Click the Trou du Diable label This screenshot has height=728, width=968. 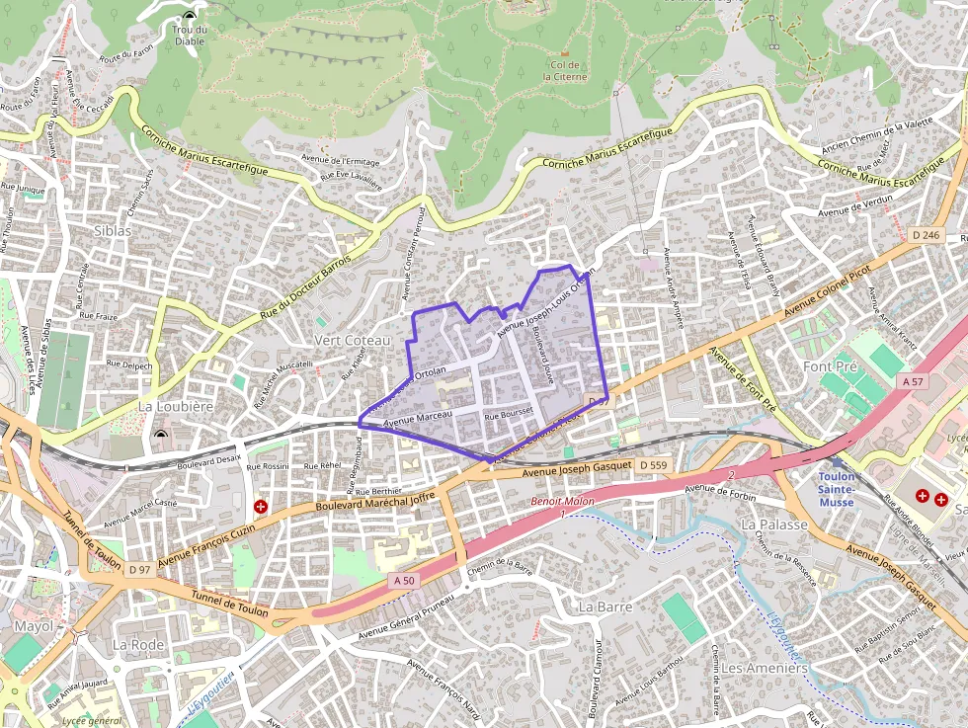(189, 36)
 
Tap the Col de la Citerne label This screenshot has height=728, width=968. (565, 70)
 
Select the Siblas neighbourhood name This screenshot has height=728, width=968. (113, 230)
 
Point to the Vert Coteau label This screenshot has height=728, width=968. (352, 340)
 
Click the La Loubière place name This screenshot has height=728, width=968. (176, 406)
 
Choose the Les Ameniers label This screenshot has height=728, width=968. (764, 668)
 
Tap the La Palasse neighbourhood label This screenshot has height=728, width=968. (774, 524)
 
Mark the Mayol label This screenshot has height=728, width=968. (34, 626)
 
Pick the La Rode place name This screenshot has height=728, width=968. (137, 644)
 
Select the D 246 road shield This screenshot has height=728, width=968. (926, 235)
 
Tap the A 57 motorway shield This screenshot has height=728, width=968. (914, 380)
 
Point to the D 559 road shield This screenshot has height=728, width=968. (653, 464)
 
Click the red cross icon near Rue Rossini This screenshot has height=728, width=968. (261, 507)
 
